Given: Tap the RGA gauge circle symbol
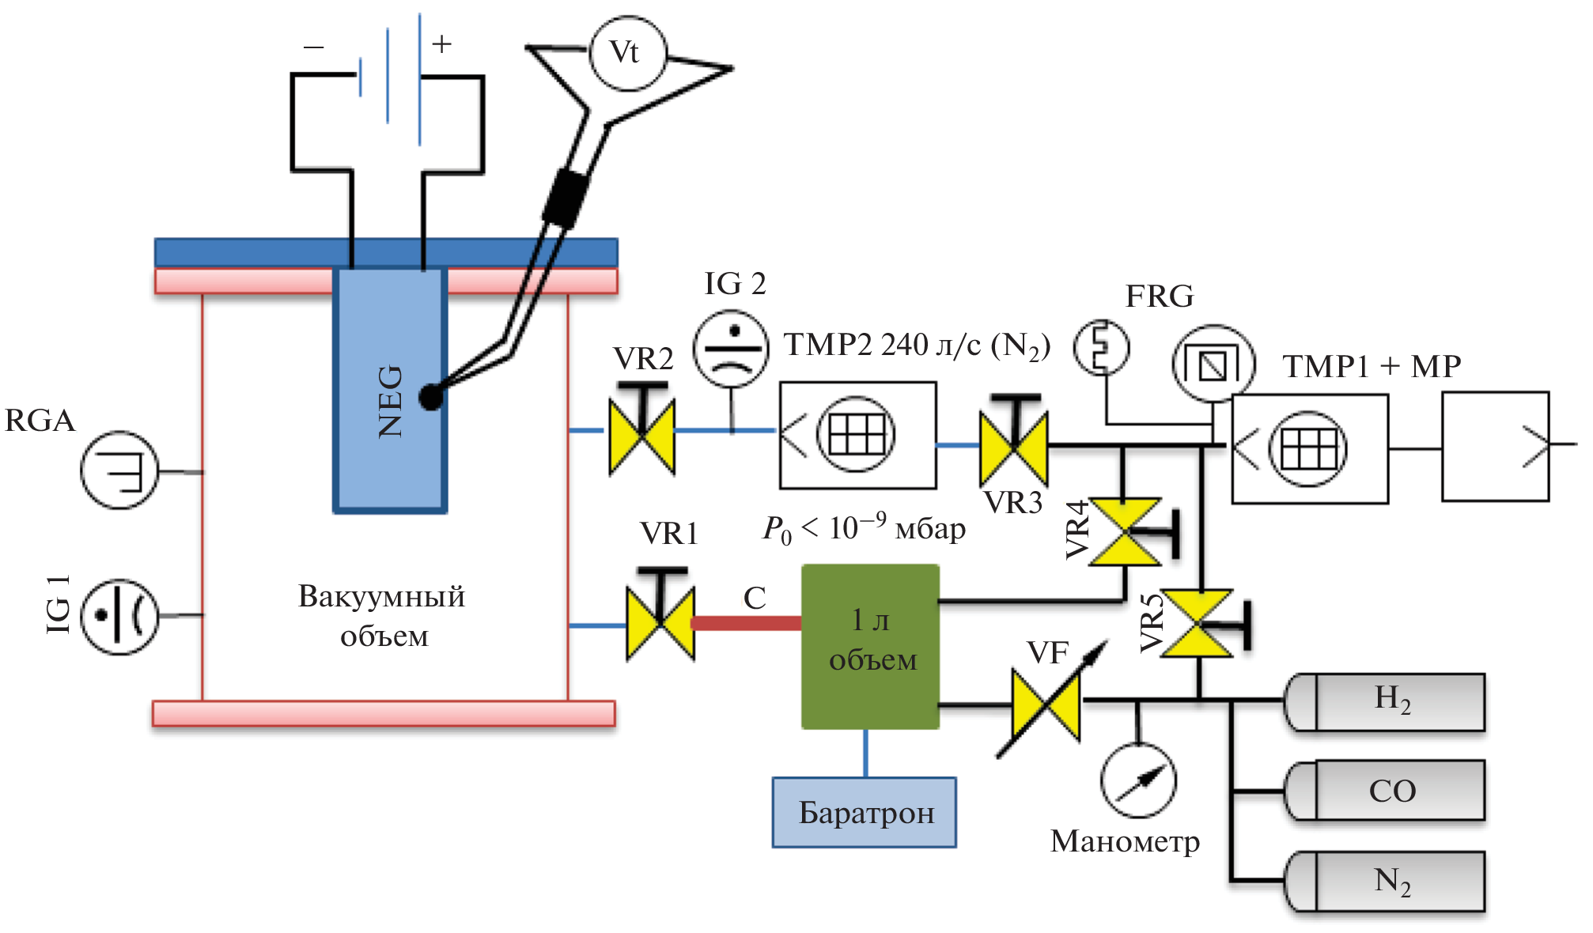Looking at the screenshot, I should (120, 470).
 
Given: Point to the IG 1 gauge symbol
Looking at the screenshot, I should (120, 615).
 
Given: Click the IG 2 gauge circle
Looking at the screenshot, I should (731, 348).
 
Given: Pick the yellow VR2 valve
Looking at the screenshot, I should (642, 437).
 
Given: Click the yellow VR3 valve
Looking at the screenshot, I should (1014, 448).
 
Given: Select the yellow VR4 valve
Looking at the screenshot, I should (1125, 532).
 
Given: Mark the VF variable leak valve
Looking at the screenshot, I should (1046, 704).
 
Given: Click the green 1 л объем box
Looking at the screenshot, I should (871, 646).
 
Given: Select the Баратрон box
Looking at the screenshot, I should (865, 813).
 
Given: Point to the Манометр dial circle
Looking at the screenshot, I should (1138, 780).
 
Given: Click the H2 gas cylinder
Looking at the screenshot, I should (1385, 701).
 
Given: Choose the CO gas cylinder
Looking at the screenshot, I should (1385, 791).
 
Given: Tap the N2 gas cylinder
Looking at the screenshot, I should (1385, 882).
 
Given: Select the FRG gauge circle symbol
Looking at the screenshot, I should (1213, 364).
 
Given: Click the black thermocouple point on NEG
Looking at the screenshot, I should (431, 397).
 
